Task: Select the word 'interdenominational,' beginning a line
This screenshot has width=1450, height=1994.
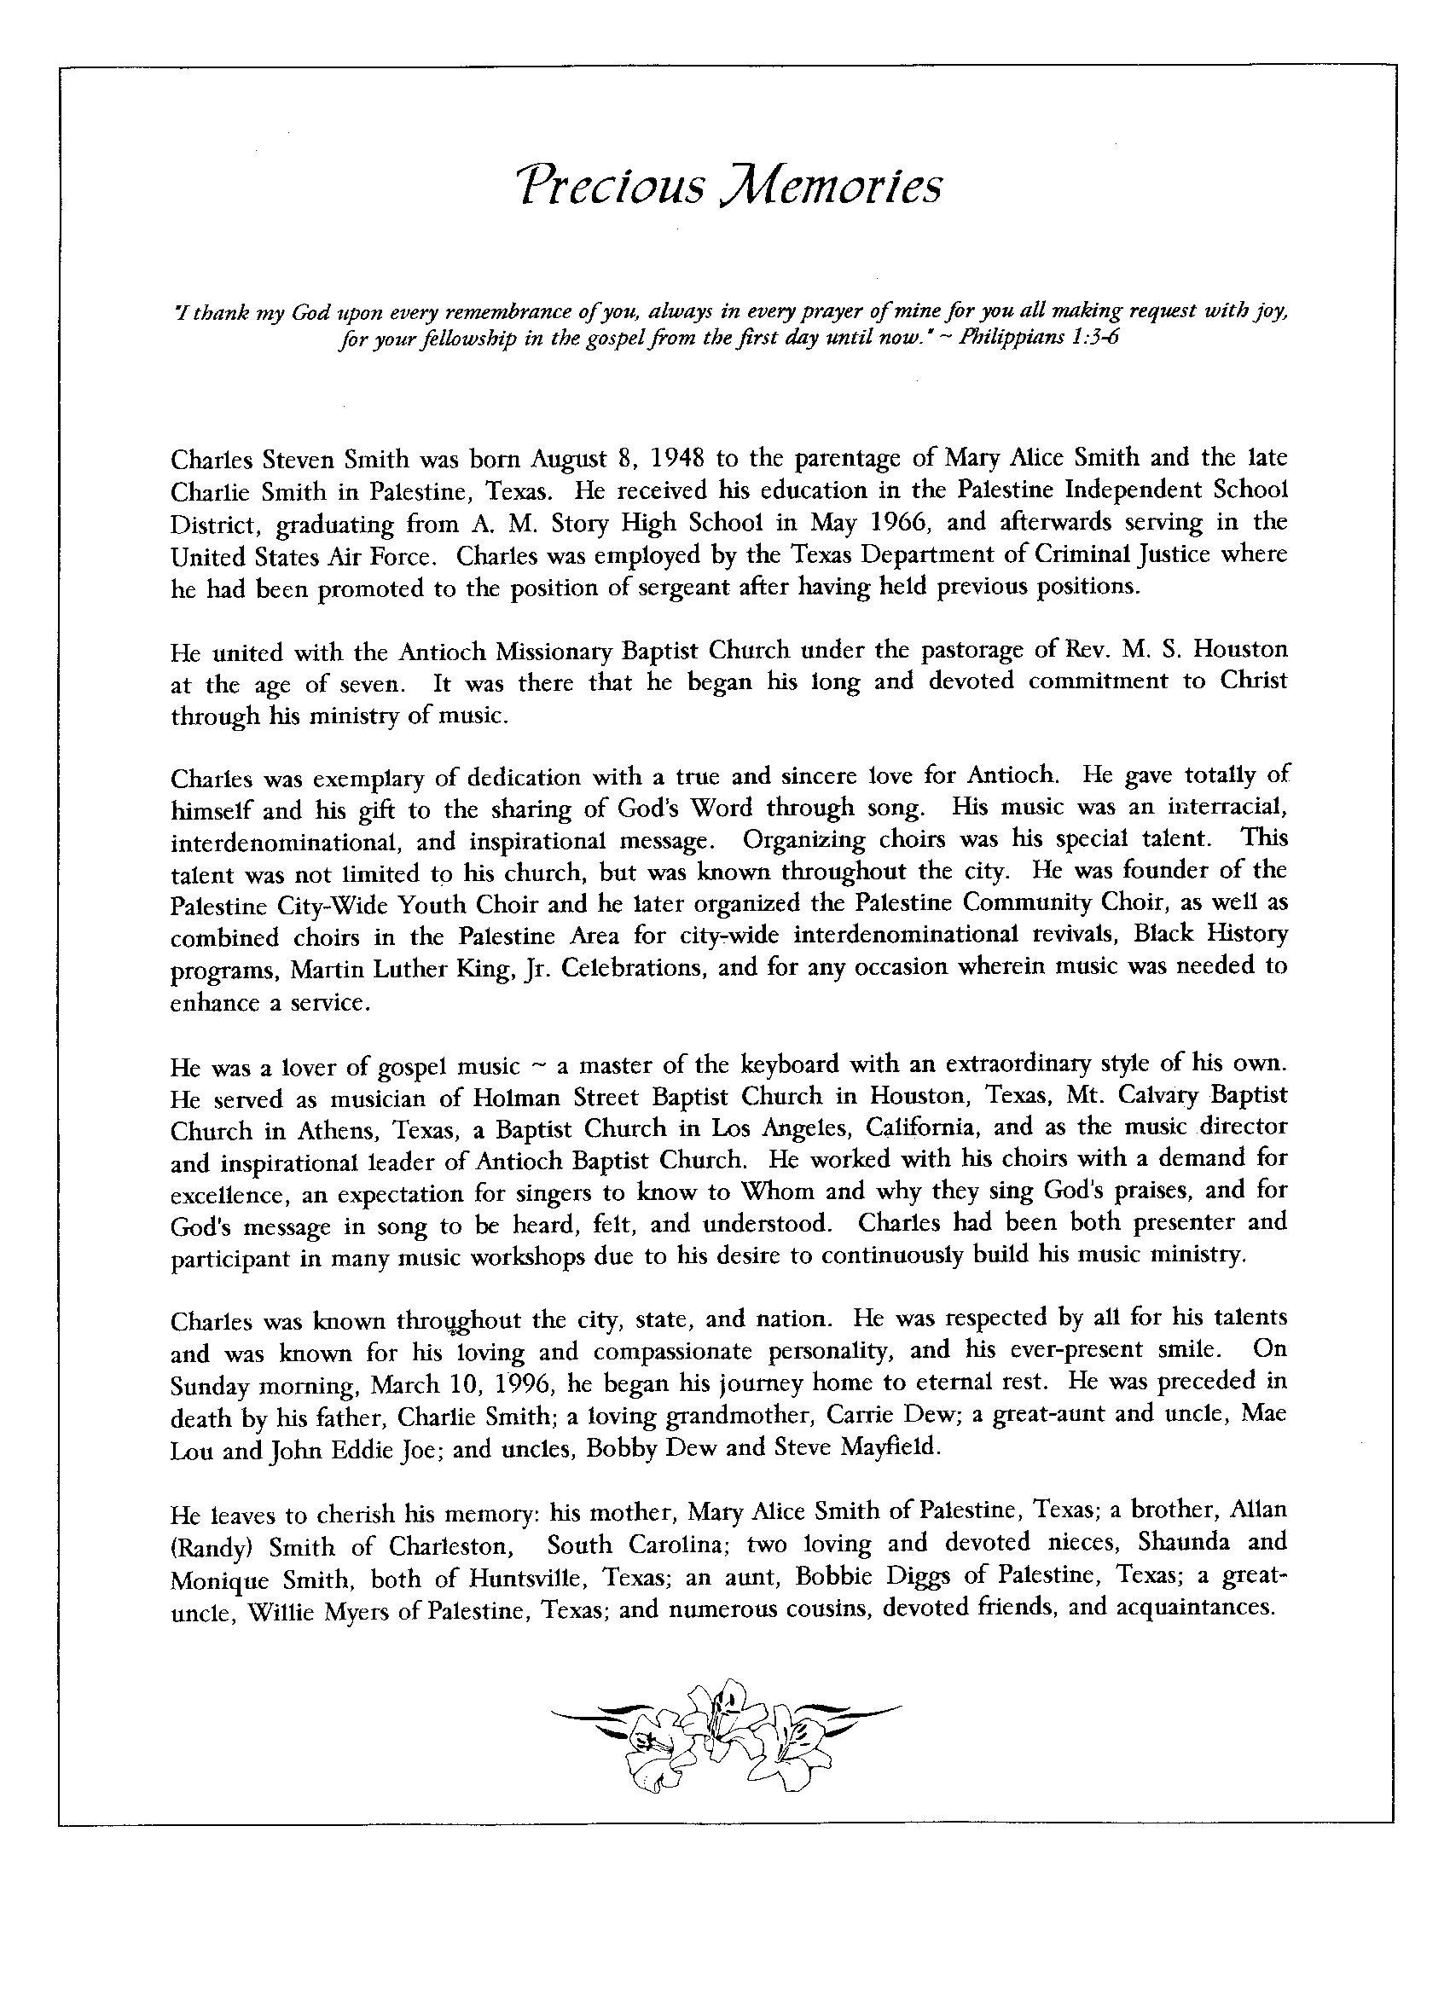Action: coord(287,843)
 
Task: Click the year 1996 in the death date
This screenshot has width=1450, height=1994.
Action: coord(520,1385)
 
